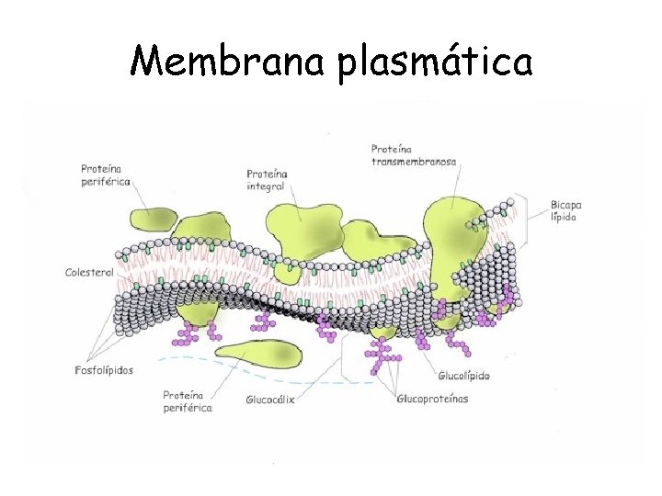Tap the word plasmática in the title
[436, 62]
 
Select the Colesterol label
[88, 273]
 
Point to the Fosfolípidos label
[103, 370]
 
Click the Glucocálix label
[270, 400]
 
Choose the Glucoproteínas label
[432, 399]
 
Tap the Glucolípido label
[463, 376]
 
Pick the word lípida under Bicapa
[565, 218]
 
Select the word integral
[266, 186]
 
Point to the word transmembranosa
[414, 161]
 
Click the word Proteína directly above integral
[268, 174]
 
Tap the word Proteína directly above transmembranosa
[392, 148]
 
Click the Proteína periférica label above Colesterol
[103, 175]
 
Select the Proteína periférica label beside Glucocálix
[188, 400]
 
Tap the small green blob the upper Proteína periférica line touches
[150, 219]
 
